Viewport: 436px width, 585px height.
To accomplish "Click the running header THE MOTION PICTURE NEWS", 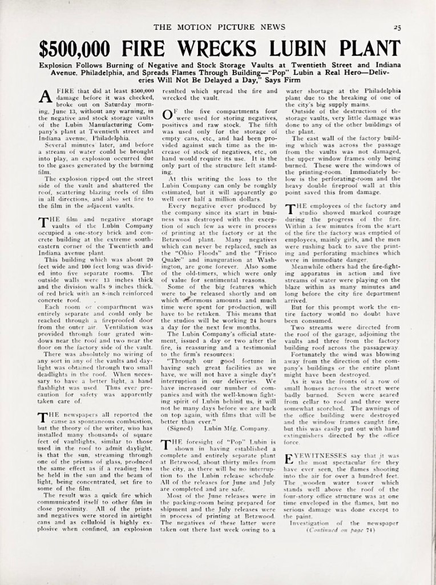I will tap(217, 27).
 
